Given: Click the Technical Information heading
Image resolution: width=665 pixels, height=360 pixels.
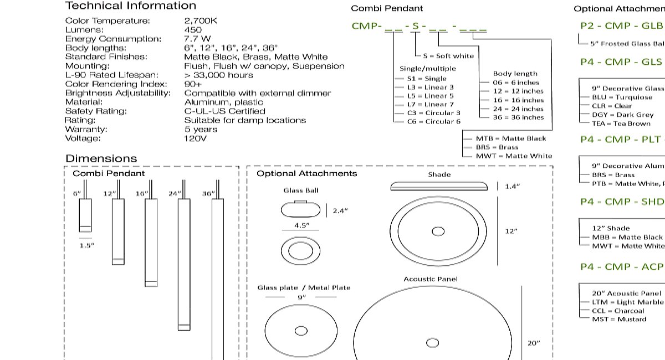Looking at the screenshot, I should tap(131, 6).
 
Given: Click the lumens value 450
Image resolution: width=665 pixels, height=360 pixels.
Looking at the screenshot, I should tap(193, 30).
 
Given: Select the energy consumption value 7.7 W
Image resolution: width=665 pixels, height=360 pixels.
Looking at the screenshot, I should tap(197, 39).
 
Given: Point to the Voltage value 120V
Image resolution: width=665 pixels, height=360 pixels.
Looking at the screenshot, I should tap(195, 138).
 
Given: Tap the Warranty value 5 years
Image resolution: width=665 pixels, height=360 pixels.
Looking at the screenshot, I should tap(201, 129).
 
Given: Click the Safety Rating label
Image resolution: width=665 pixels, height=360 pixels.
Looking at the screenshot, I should tap(96, 111).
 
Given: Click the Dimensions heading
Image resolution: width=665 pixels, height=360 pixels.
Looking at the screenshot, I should tap(101, 159).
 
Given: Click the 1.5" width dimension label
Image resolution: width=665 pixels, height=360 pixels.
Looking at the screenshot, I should tap(87, 245).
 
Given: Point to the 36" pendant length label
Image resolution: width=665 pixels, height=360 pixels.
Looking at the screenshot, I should tap(208, 194).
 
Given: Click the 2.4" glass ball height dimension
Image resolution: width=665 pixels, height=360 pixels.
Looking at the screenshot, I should tap(340, 210).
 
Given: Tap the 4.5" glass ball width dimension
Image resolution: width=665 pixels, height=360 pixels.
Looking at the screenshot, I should tap(301, 225).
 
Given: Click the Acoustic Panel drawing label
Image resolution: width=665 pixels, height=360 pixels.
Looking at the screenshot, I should tap(431, 279).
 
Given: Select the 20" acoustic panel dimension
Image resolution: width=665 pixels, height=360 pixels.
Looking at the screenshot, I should tap(533, 343).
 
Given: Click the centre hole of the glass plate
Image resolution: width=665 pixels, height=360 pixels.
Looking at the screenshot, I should tap(301, 331).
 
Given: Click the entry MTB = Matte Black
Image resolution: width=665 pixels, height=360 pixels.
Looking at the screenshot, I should tap(510, 138).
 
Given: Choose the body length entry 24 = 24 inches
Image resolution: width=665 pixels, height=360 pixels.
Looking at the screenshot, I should tap(518, 109).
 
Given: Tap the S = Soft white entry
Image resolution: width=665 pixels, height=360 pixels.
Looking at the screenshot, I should tap(448, 56).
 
